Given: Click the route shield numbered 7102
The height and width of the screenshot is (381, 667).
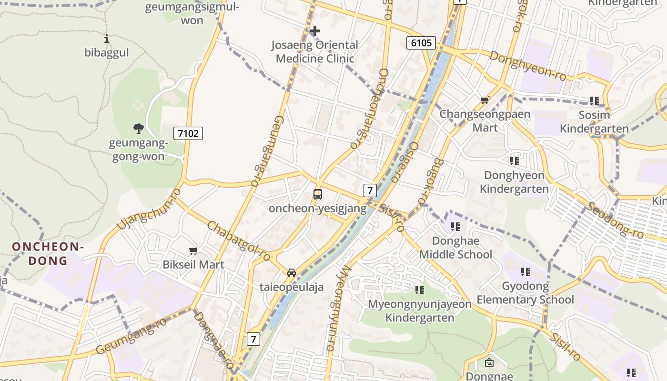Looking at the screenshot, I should pos(188,133).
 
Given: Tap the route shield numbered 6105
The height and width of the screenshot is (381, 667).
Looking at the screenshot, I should pos(422,43).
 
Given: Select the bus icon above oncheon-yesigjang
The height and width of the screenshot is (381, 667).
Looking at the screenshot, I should pos(318,194).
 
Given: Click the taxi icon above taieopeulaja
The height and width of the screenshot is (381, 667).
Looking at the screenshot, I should pos(292,272).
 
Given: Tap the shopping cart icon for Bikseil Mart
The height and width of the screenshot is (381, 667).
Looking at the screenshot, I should pos(193,251).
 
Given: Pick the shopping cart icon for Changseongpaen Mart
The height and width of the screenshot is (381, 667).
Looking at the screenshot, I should pos(485,100).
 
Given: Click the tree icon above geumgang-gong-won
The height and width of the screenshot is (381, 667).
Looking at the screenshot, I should pos(138,128).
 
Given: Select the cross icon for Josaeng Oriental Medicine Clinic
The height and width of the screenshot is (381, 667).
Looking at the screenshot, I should pos(314,31).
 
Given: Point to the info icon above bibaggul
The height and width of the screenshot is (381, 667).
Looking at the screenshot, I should pos(107,39).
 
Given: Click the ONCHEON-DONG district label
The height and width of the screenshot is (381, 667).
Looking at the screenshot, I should pos(48,253).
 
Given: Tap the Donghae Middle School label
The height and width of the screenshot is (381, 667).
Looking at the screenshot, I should pos(455,248).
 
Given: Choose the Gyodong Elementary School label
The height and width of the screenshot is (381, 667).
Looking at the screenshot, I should pos(525,293).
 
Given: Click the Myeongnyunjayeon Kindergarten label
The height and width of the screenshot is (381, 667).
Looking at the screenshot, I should pos(420,311).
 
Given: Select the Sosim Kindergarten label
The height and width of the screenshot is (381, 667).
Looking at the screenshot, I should pos(594,122).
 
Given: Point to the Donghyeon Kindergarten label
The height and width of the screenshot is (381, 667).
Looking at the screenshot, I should pos(514,182).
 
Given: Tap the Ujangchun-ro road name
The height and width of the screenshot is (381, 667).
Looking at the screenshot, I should pos(149,208).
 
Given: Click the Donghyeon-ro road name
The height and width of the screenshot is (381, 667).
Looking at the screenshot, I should pos(528,66).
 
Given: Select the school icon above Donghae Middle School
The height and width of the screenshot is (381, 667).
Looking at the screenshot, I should pos(455,227).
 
